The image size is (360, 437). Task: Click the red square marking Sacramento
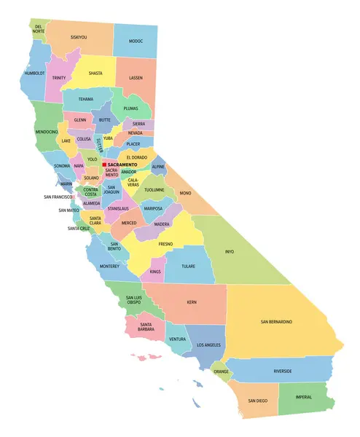click(104, 165)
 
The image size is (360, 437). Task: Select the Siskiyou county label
click(79, 36)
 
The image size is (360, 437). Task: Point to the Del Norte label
click(39, 29)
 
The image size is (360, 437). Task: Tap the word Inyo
click(230, 252)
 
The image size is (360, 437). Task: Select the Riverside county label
click(283, 371)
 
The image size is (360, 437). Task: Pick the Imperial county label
click(304, 397)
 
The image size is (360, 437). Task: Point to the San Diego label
click(257, 401)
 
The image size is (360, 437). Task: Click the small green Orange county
click(221, 371)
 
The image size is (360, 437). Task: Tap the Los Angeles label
click(209, 344)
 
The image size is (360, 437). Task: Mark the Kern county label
click(192, 302)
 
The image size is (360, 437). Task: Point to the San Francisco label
click(57, 197)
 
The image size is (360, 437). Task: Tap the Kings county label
click(154, 272)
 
